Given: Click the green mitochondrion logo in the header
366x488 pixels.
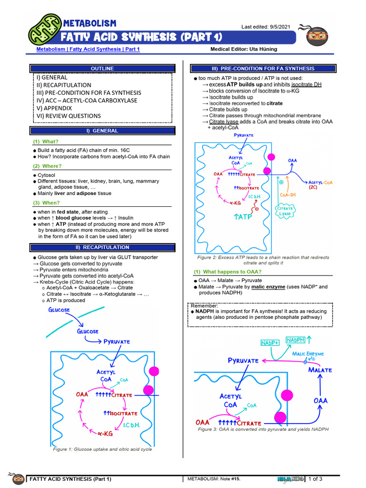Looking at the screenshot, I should tap(44, 30).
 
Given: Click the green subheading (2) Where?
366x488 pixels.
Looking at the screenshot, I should tap(47, 166).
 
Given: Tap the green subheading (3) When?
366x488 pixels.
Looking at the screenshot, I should tap(47, 203).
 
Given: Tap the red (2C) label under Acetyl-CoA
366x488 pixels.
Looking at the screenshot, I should tap(313, 187).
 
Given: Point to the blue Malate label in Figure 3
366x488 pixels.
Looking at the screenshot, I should tap(320, 370).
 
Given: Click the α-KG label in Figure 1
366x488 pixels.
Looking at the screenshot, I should tap(105, 433).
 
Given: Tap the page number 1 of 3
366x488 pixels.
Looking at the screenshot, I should tap(315, 479).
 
